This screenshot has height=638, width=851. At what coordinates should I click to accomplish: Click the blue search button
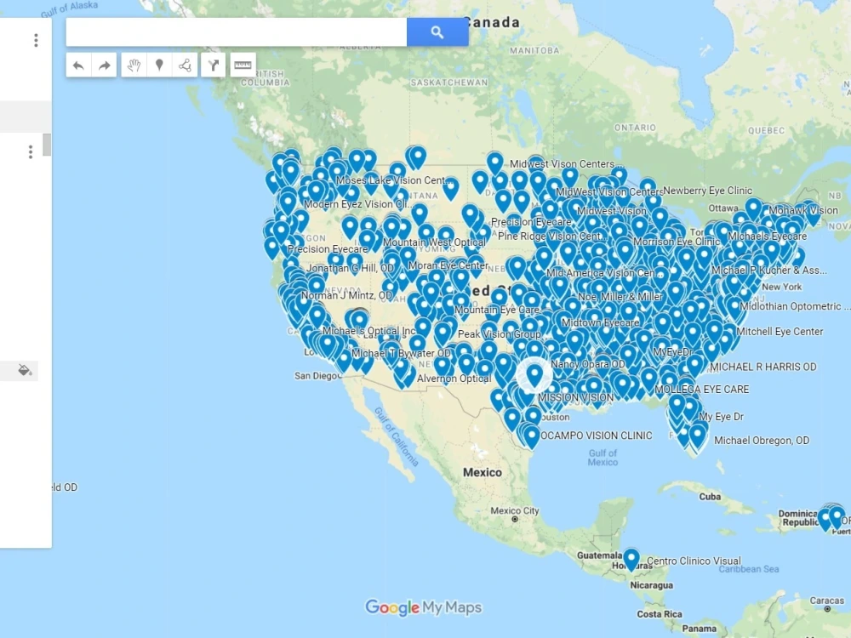(437, 32)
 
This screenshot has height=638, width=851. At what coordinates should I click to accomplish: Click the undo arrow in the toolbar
(78, 66)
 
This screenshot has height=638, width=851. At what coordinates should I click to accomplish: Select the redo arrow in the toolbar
(104, 66)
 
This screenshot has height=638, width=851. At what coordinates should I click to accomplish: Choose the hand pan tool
(134, 66)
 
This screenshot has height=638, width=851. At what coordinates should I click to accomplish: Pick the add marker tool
(159, 66)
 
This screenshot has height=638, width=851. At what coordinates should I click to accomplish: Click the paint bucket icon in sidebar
(25, 370)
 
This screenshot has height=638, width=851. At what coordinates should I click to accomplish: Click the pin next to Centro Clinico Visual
(631, 559)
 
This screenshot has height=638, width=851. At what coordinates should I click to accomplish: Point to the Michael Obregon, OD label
(762, 441)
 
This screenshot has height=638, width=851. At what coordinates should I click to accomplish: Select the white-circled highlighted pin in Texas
(534, 374)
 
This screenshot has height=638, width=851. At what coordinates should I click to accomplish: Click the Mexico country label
(483, 472)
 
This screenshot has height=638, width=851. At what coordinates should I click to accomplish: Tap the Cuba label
(710, 497)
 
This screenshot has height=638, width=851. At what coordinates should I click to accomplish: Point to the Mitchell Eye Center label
(780, 332)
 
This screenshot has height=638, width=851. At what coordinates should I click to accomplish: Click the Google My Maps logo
(423, 607)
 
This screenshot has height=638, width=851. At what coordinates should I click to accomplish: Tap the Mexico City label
(515, 511)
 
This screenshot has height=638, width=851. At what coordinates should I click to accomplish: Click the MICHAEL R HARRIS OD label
(762, 367)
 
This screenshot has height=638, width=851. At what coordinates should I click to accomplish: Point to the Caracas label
(826, 601)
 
